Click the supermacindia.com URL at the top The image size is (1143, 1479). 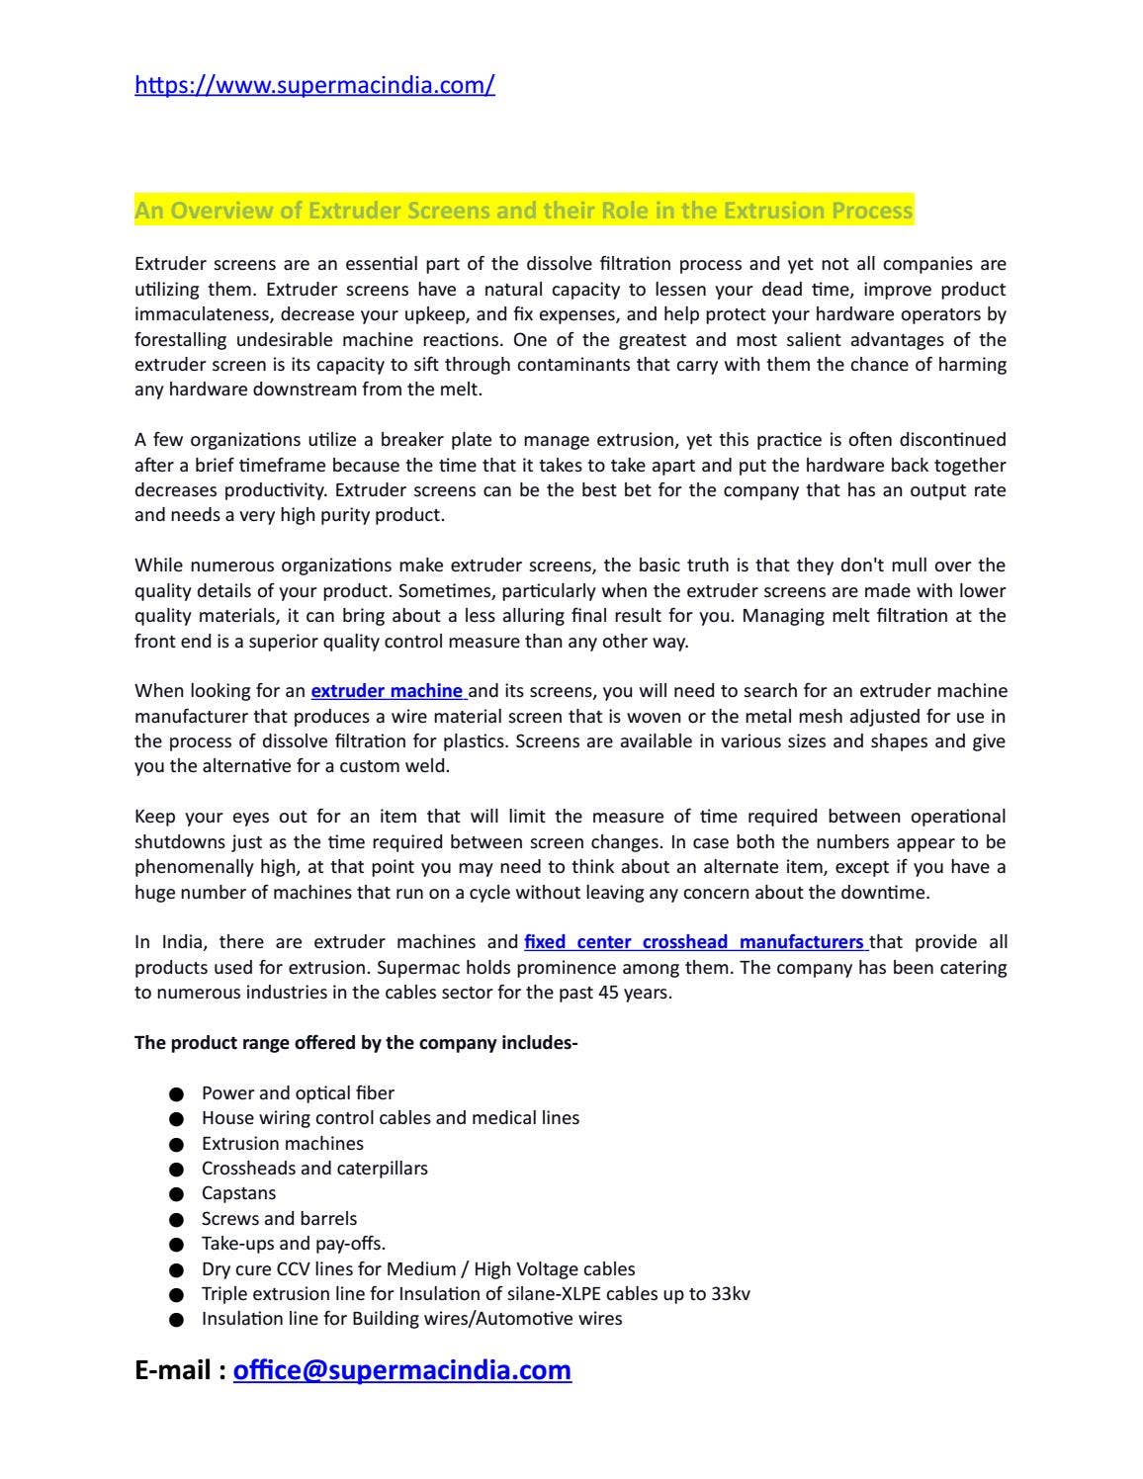coord(314,85)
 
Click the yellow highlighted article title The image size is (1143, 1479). coord(523,211)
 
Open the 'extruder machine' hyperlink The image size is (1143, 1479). coord(387,691)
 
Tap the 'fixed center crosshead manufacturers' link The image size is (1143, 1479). coord(694,942)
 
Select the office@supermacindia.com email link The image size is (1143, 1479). coord(401,1370)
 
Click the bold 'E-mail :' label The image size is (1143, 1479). coord(180,1370)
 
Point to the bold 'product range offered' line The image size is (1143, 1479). coord(356,1043)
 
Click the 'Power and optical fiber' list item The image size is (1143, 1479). coord(298,1093)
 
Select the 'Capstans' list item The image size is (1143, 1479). coord(238,1193)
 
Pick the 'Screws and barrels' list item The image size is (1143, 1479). coord(279,1219)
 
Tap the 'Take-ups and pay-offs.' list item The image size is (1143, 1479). coord(293,1244)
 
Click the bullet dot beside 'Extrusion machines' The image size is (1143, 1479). coord(177,1145)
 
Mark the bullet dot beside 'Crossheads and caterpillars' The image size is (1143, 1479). coord(177,1170)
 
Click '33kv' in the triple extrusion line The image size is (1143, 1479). coord(731,1294)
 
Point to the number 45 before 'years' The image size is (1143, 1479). coord(608,993)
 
